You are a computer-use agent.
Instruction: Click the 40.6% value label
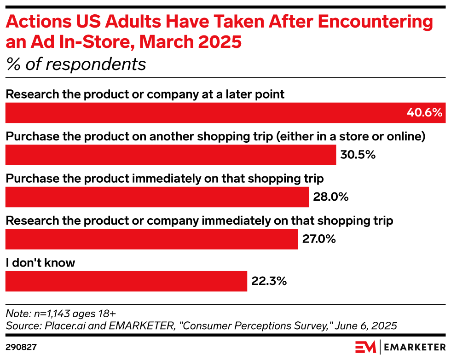pyautogui.click(x=424, y=113)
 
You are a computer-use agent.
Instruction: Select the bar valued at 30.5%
pyautogui.click(x=170, y=155)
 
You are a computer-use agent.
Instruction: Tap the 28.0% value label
pyautogui.click(x=330, y=197)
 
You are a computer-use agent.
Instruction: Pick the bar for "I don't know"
pyautogui.click(x=126, y=281)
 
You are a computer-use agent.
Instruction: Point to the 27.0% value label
pyautogui.click(x=318, y=239)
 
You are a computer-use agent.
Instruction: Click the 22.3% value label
pyautogui.click(x=269, y=281)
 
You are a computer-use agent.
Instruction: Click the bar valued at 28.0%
pyautogui.click(x=157, y=197)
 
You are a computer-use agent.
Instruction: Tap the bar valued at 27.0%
pyautogui.click(x=151, y=239)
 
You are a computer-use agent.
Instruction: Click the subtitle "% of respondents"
pyautogui.click(x=76, y=64)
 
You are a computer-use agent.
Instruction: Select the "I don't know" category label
pyautogui.click(x=40, y=263)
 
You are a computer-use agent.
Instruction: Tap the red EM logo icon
pyautogui.click(x=365, y=347)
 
